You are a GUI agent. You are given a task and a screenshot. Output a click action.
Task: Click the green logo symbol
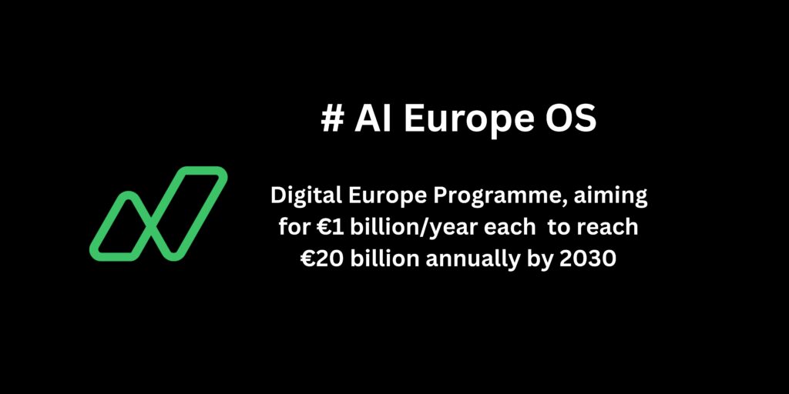click(158, 213)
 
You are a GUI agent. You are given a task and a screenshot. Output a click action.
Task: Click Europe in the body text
click(380, 197)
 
